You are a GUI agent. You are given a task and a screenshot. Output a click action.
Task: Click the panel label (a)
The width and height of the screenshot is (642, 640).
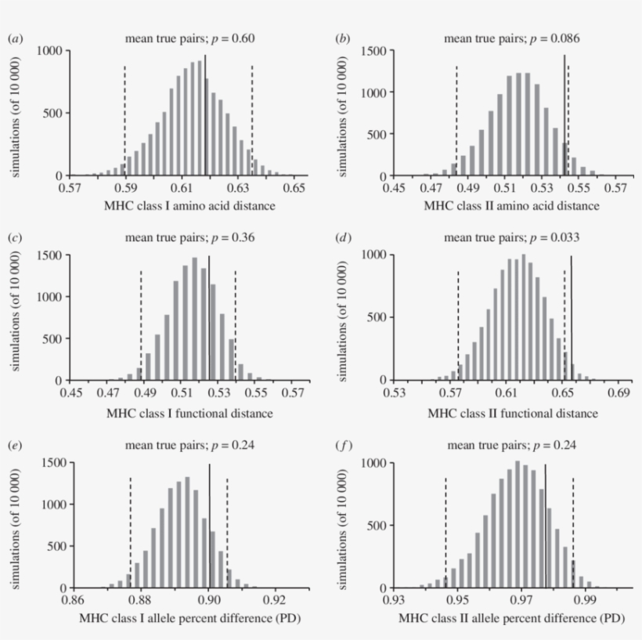pos(14,38)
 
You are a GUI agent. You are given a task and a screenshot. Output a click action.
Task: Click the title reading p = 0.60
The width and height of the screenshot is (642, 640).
pos(190,38)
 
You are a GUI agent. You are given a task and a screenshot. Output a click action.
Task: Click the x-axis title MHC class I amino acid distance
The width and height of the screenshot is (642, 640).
pos(186,206)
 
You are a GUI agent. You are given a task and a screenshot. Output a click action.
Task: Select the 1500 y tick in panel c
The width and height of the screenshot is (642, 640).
pos(52,255)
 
